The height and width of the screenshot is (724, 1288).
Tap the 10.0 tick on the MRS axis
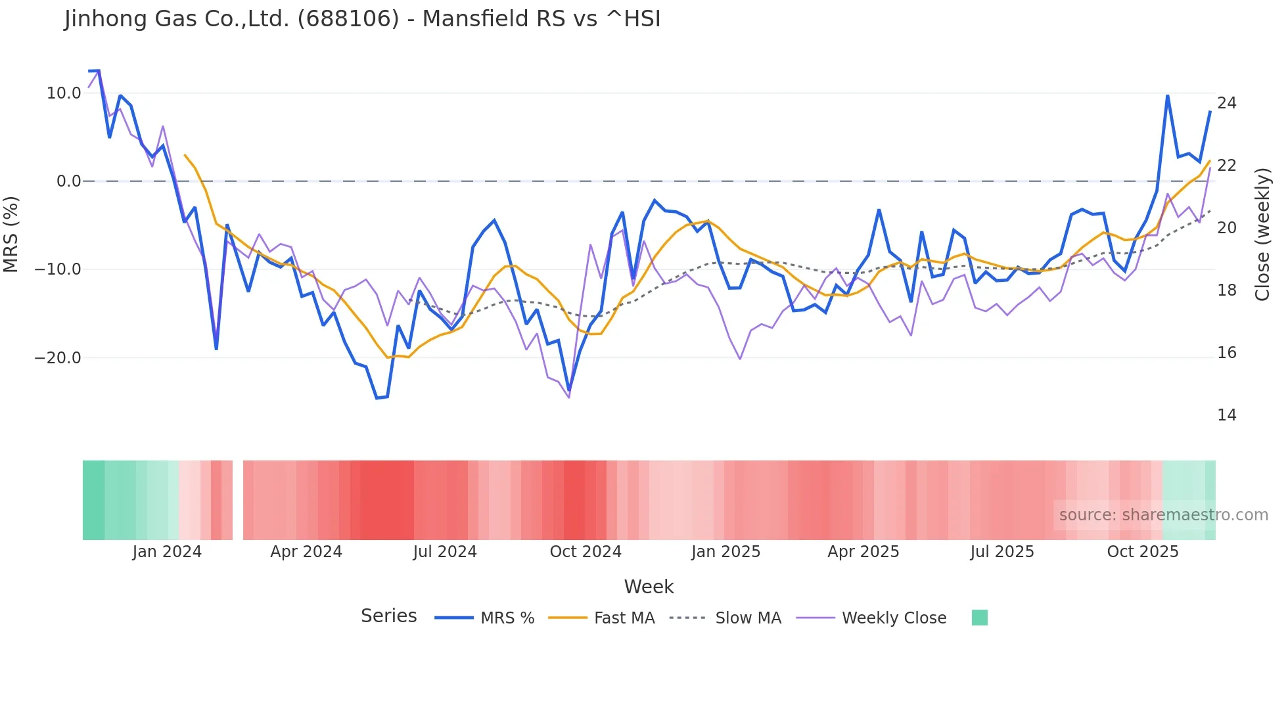click(x=64, y=93)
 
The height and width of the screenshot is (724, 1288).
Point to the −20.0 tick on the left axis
click(x=58, y=358)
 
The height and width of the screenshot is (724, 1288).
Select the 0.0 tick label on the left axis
click(x=69, y=181)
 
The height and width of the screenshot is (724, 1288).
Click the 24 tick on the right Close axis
click(x=1226, y=103)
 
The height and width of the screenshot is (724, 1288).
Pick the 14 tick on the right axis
click(x=1226, y=415)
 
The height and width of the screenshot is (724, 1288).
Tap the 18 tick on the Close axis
click(x=1226, y=290)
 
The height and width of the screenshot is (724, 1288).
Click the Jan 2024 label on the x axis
click(x=167, y=552)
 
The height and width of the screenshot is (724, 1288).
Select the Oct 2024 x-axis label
click(x=586, y=552)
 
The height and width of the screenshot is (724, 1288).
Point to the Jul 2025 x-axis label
click(x=1002, y=552)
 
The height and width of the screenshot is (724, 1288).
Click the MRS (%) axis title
click(x=11, y=234)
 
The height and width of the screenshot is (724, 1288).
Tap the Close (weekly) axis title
click(x=1262, y=235)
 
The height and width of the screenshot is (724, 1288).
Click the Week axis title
click(x=649, y=587)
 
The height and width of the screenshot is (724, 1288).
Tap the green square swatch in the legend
click(x=979, y=618)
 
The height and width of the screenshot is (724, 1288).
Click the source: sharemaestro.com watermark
click(x=1163, y=515)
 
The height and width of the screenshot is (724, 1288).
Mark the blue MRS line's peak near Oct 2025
click(x=1168, y=96)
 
